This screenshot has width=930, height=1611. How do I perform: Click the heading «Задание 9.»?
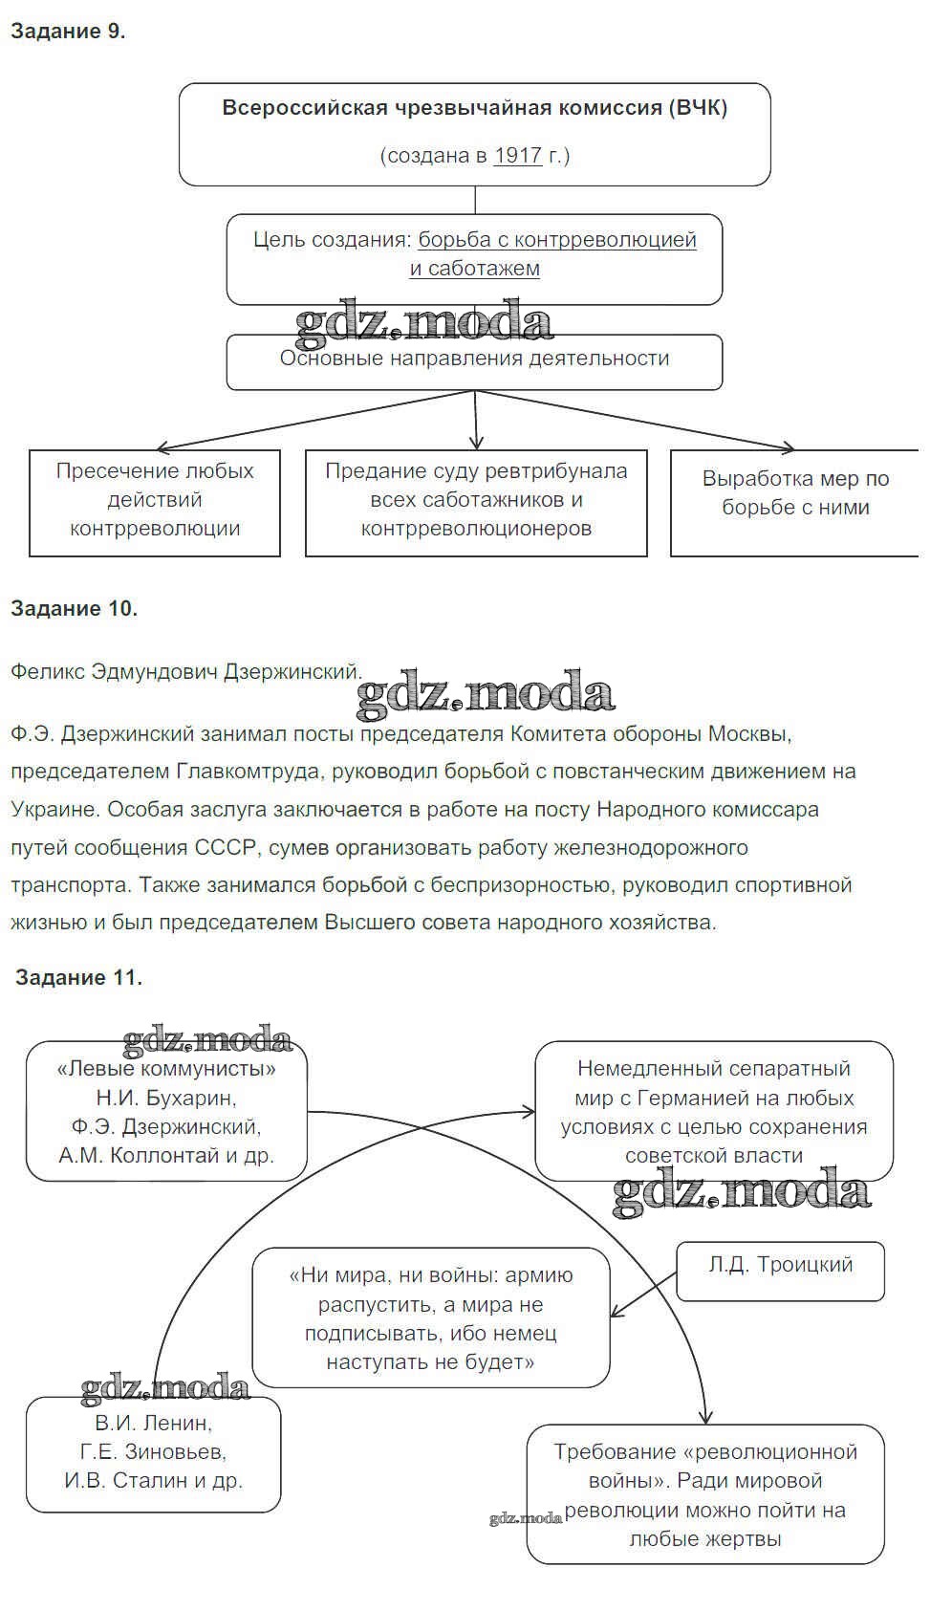[68, 31]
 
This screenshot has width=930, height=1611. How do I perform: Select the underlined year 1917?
[518, 155]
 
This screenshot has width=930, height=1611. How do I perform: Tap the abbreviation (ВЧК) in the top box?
[698, 107]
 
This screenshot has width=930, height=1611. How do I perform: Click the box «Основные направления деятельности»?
[474, 361]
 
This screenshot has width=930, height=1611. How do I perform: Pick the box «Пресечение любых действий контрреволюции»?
[155, 502]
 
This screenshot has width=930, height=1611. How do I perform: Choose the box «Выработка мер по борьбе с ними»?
[795, 502]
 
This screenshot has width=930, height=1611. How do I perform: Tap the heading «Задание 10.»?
[75, 608]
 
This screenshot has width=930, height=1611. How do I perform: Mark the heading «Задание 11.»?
[79, 977]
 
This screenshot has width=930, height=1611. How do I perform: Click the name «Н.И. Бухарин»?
[166, 1098]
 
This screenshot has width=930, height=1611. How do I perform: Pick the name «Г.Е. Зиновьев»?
[154, 1451]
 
